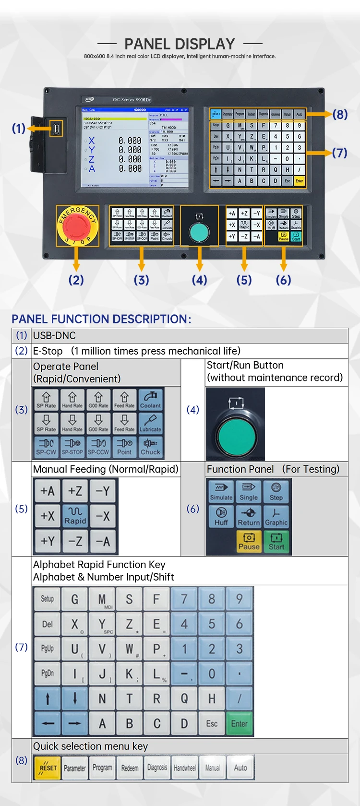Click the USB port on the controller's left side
pyautogui.click(x=56, y=128)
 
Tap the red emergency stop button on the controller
pyautogui.click(x=77, y=225)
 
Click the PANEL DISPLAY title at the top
pyautogui.click(x=180, y=44)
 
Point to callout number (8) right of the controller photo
pyautogui.click(x=340, y=114)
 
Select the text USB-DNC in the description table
pyautogui.click(x=54, y=335)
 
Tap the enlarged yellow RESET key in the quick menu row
pyautogui.click(x=48, y=767)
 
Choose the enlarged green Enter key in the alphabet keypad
pyautogui.click(x=239, y=723)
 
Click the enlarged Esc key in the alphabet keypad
pyautogui.click(x=212, y=723)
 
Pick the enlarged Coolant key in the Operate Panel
pyautogui.click(x=150, y=400)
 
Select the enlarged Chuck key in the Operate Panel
pyautogui.click(x=150, y=447)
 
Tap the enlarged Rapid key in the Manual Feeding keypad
pyautogui.click(x=75, y=515)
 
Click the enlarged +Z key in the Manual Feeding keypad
pyautogui.click(x=75, y=491)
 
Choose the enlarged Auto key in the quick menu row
pyautogui.click(x=240, y=767)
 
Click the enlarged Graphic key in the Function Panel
pyautogui.click(x=276, y=516)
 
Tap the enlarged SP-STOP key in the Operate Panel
pyautogui.click(x=72, y=447)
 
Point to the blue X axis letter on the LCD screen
pyautogui.click(x=92, y=141)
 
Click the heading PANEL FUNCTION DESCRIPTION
pyautogui.click(x=101, y=319)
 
